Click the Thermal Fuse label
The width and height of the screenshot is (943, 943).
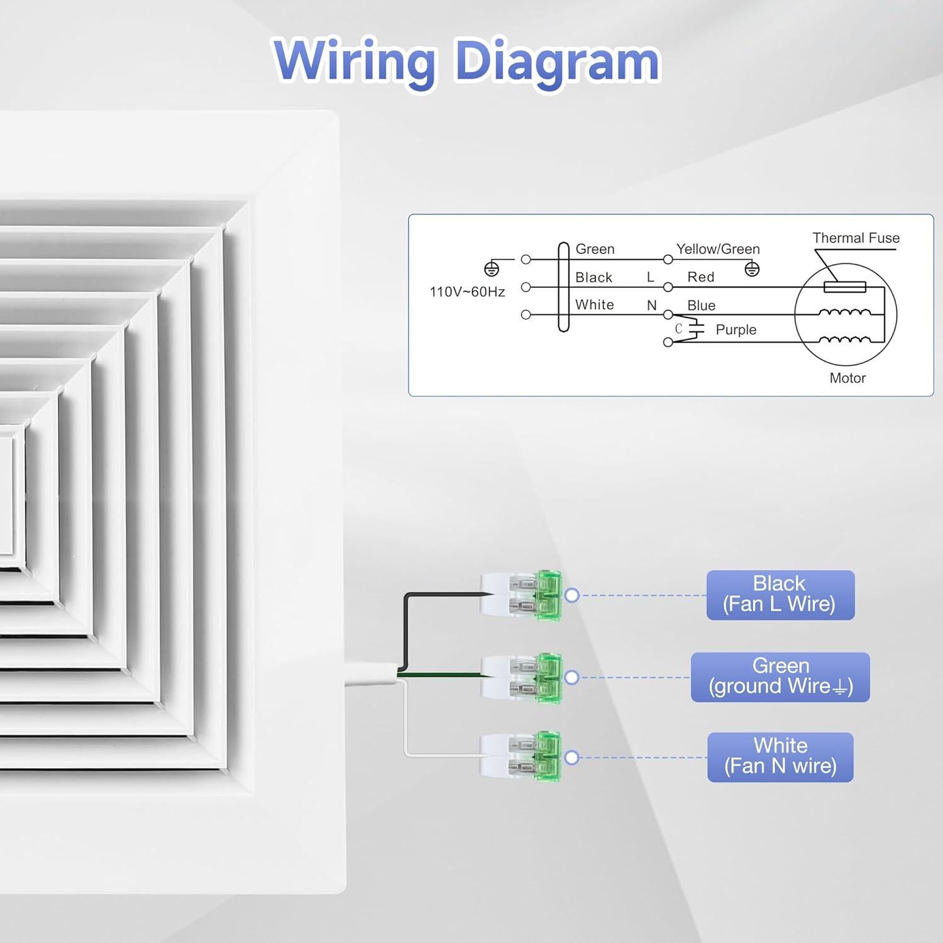(x=856, y=238)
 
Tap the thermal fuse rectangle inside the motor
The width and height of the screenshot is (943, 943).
(x=844, y=287)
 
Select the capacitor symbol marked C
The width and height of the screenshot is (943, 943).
(x=695, y=329)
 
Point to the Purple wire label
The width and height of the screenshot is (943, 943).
(x=736, y=330)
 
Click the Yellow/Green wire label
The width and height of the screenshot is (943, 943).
(x=718, y=249)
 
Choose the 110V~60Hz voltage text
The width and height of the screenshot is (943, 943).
(x=467, y=292)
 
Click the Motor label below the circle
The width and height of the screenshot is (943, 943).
(x=847, y=378)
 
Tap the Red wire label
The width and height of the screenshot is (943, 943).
(x=700, y=277)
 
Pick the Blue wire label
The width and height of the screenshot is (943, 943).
(x=701, y=306)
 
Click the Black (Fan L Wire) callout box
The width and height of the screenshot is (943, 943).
(x=780, y=595)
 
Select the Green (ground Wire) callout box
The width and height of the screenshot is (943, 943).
(x=780, y=677)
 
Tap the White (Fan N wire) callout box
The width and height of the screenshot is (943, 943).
(x=780, y=757)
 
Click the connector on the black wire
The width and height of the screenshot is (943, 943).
(x=521, y=595)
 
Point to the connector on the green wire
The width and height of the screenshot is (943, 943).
(x=521, y=678)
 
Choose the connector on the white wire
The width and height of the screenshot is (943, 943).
(x=521, y=756)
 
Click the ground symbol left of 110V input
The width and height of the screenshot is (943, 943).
(x=492, y=269)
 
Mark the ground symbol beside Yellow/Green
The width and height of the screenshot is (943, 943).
(x=752, y=269)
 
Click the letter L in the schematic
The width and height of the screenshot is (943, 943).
(x=651, y=277)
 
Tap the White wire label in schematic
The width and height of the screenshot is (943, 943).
(x=594, y=305)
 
